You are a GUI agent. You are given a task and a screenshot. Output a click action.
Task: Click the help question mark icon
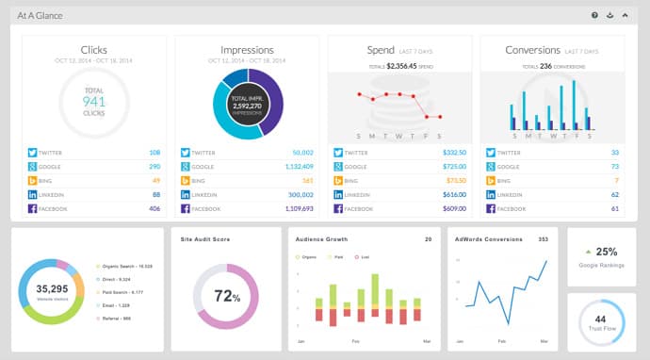click(594, 15)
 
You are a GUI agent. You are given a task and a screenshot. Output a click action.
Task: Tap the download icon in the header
click(609, 15)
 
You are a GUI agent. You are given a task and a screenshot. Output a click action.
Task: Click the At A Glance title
click(40, 15)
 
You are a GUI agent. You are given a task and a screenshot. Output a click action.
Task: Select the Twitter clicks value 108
click(154, 152)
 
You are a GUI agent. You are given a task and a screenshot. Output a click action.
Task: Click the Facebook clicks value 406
click(154, 208)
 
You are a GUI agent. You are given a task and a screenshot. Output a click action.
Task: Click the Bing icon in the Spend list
click(336, 180)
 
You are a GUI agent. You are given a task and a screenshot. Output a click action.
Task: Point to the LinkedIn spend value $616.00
click(455, 194)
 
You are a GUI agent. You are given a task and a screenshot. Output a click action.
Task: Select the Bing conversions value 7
click(615, 180)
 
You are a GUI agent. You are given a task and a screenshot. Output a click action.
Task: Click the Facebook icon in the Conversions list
click(489, 208)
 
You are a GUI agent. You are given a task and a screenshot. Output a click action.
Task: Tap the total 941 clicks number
click(93, 100)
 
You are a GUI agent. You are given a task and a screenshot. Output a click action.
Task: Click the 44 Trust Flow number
click(601, 319)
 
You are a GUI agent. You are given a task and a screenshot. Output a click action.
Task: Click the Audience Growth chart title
click(322, 238)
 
